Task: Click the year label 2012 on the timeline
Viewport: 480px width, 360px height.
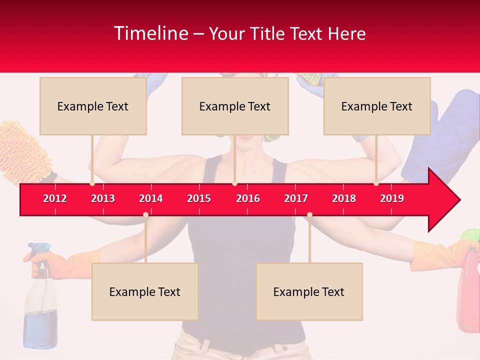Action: coord(55,198)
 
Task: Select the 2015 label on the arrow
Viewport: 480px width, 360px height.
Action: coord(199,198)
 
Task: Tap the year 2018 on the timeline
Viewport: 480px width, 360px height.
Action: coord(344,198)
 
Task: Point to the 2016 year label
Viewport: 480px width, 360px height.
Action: coord(248,198)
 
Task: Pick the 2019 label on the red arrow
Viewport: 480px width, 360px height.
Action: coord(392,198)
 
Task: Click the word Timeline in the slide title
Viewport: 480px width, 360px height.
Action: coord(150,33)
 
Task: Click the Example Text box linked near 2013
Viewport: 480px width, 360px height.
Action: coord(93,106)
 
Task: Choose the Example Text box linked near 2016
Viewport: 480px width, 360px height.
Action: coord(235,106)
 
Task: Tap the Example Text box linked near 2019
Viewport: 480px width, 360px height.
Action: coord(377,106)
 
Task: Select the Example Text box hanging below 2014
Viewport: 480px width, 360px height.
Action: coord(145,291)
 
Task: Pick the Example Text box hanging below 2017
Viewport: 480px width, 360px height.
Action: coord(309,291)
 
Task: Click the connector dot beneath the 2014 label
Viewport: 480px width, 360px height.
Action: coord(145,214)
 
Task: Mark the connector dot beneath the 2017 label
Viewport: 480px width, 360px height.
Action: coord(309,214)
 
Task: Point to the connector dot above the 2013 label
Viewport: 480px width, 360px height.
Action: coord(92,183)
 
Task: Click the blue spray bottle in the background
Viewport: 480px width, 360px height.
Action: coord(40,305)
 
